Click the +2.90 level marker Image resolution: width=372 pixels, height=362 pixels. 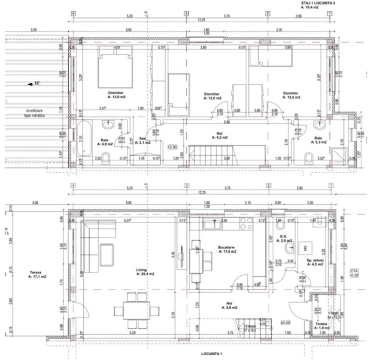pyautogui.click(x=173, y=146)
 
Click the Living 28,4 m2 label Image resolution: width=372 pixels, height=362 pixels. pyautogui.click(x=146, y=271)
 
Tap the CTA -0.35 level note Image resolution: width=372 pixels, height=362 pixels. pyautogui.click(x=354, y=273)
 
